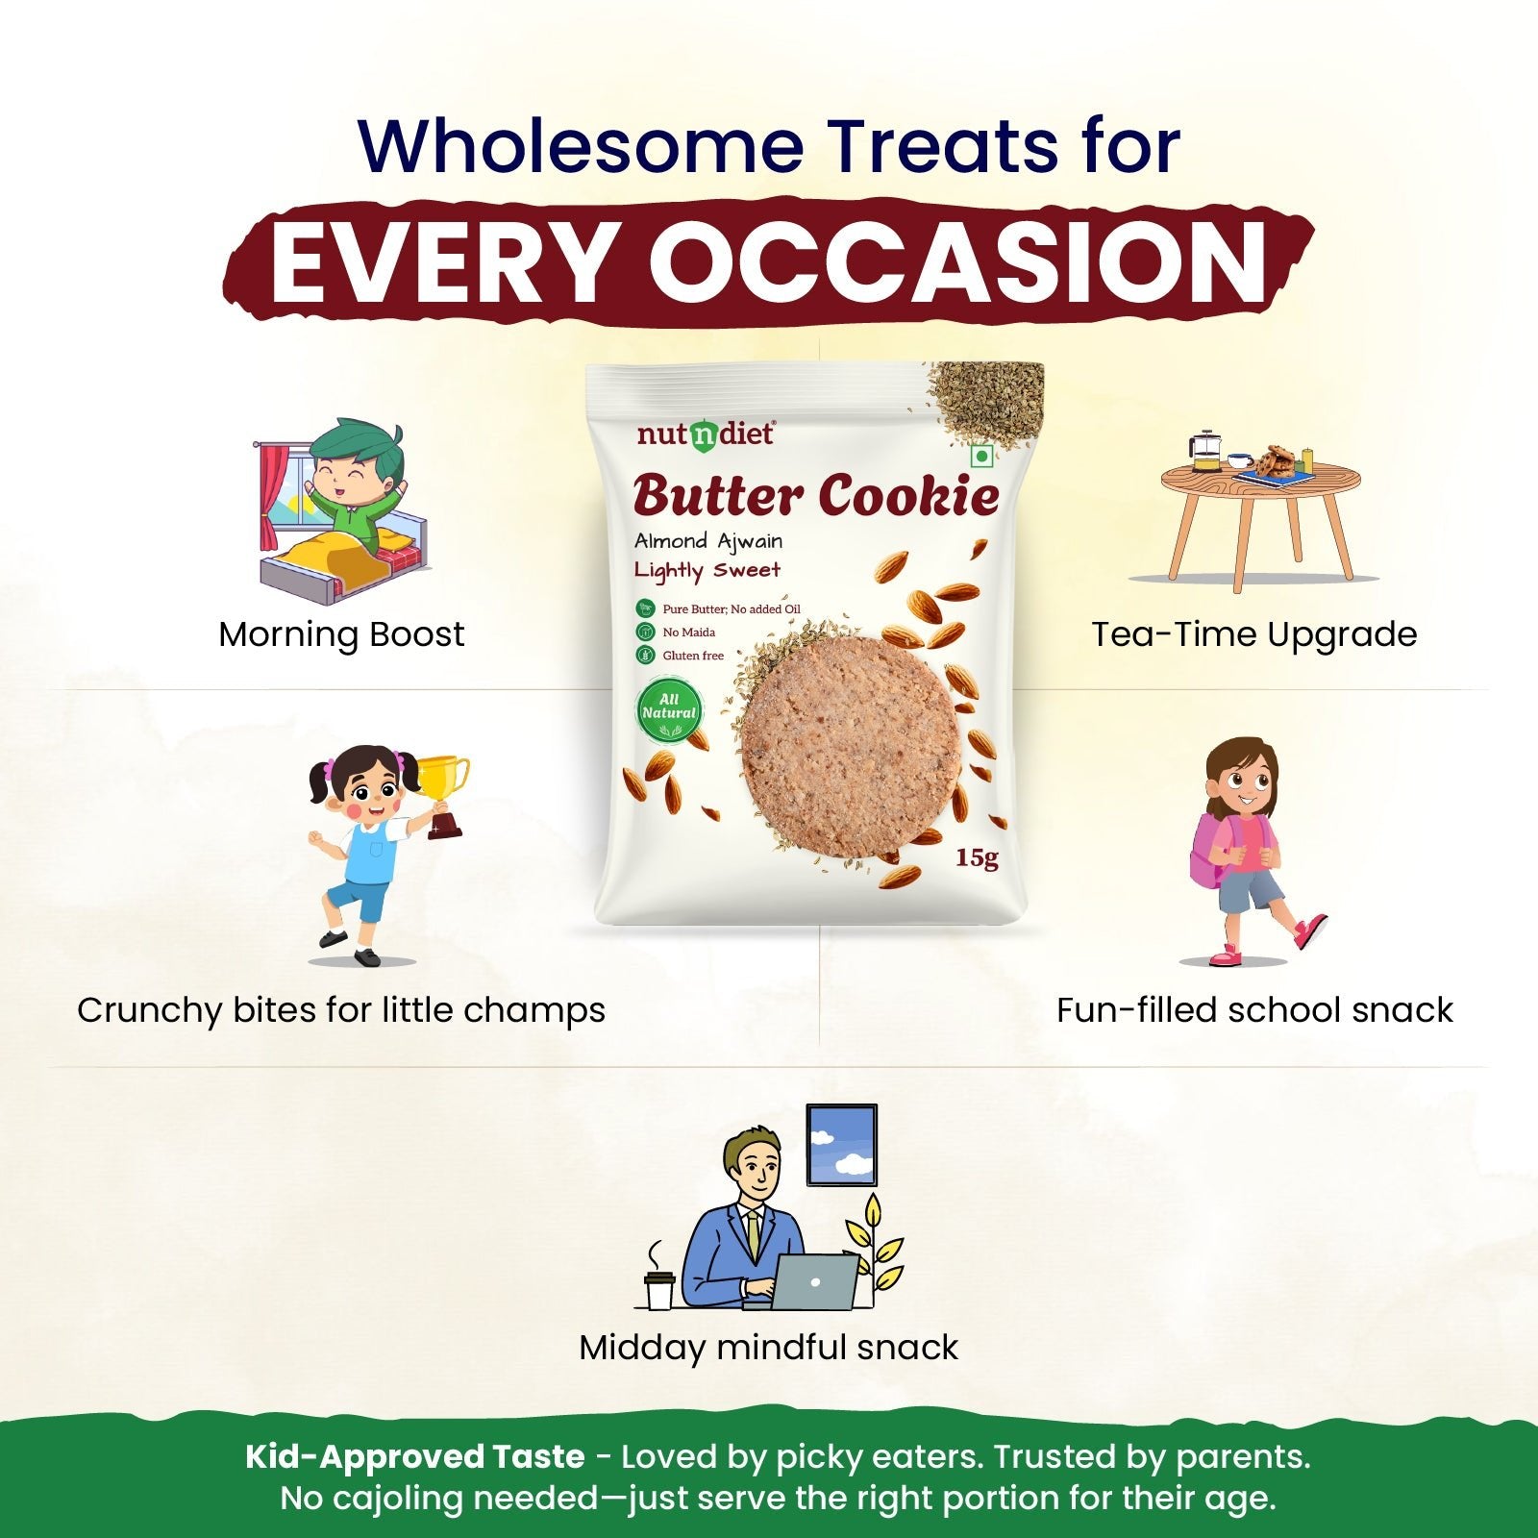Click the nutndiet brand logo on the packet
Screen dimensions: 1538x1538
(x=705, y=434)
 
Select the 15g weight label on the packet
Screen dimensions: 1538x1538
(x=977, y=857)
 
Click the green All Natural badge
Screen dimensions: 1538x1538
(x=669, y=711)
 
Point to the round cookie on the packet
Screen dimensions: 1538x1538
(x=851, y=746)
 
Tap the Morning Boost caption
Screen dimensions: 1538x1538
(x=341, y=634)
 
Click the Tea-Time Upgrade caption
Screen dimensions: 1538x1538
(x=1254, y=634)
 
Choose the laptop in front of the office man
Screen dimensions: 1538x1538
(x=814, y=1281)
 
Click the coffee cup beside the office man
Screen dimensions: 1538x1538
(x=658, y=1290)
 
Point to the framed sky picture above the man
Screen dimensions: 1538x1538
(x=841, y=1145)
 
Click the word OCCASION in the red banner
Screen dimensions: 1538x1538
(x=957, y=261)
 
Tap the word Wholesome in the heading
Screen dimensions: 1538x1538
(x=581, y=146)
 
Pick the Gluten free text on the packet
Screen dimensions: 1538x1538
(x=693, y=656)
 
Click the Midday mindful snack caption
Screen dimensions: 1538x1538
(x=768, y=1348)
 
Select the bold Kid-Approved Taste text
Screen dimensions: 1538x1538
(x=415, y=1457)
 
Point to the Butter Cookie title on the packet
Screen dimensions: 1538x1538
(x=816, y=495)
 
